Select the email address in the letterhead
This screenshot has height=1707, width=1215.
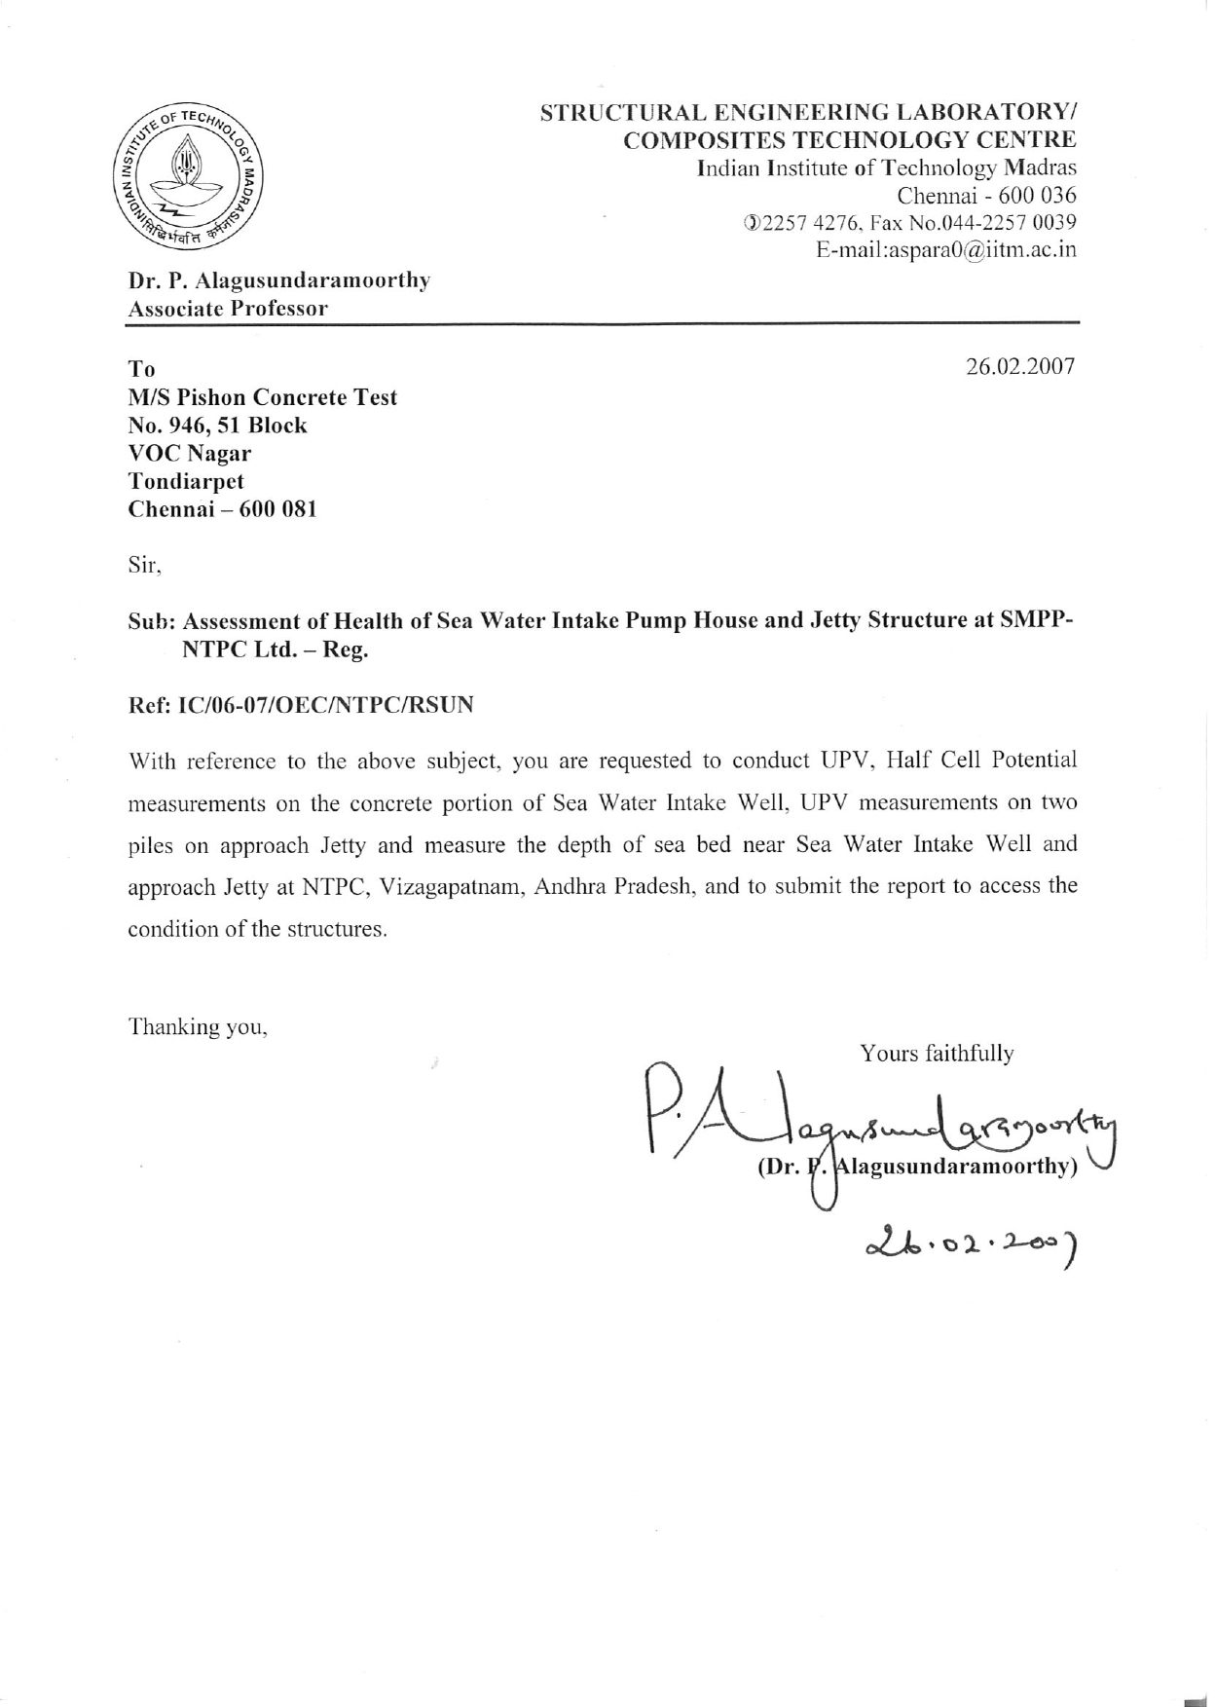946,249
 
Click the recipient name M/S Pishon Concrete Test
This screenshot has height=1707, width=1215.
263,397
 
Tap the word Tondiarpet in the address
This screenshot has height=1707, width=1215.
186,481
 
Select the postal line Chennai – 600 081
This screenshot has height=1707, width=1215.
223,509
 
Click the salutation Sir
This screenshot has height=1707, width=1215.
145,566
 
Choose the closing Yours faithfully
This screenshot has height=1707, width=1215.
937,1054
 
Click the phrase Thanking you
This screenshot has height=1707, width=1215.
198,1027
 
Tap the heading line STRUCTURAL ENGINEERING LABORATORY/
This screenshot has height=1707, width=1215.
808,112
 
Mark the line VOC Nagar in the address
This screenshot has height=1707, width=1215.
190,454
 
